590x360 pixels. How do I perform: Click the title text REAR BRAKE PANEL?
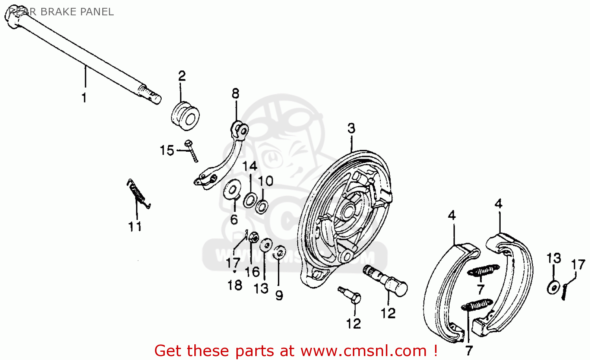point(61,12)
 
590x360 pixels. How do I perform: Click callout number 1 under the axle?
point(84,97)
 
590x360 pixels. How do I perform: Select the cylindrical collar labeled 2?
point(185,116)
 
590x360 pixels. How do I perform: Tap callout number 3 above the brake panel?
point(351,128)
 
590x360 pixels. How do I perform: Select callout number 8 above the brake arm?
point(235,94)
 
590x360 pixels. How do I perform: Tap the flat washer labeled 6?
point(232,190)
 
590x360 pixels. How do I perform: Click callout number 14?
point(250,166)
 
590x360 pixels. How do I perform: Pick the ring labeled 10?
point(262,206)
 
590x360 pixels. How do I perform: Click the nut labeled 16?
point(254,237)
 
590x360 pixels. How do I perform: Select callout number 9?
point(279,295)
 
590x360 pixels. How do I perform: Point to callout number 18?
point(235,285)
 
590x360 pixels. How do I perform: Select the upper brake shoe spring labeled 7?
point(483,270)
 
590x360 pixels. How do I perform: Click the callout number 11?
point(135,226)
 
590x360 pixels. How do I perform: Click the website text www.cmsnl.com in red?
point(363,350)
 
